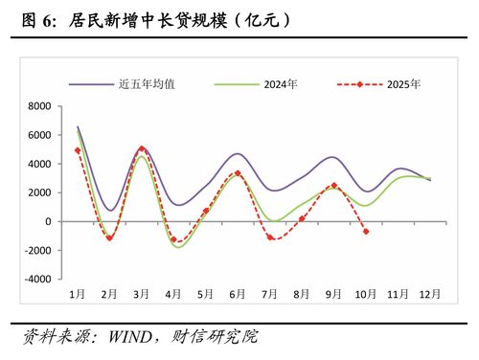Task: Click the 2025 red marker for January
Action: point(78,150)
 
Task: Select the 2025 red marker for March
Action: point(142,148)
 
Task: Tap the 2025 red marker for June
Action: point(238,173)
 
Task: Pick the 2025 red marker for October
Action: point(366,231)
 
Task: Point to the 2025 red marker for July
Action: point(270,237)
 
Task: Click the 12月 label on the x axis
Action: point(429,293)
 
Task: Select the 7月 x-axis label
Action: point(270,293)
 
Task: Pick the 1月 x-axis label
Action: point(78,293)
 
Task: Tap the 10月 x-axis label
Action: point(365,293)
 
